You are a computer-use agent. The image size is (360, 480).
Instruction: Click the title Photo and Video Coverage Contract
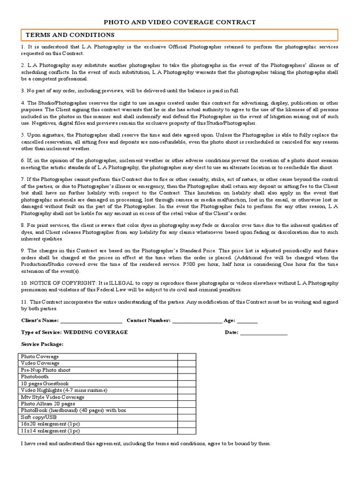click(x=180, y=22)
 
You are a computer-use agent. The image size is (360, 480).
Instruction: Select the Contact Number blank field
click(x=197, y=321)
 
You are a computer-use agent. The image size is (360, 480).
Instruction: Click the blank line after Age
click(x=247, y=321)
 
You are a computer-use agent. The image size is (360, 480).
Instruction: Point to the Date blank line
click(x=264, y=332)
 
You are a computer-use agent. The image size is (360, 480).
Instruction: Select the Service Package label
click(x=42, y=344)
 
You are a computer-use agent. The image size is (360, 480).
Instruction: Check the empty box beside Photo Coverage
click(x=187, y=357)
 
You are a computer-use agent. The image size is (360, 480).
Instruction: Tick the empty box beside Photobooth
click(x=187, y=376)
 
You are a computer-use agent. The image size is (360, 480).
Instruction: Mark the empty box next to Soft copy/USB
click(x=187, y=417)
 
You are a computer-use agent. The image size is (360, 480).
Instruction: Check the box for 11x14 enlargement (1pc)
click(x=187, y=430)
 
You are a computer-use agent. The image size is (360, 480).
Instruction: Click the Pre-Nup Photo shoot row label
click(x=45, y=370)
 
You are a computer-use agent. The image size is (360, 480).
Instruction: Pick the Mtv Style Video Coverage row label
click(x=52, y=397)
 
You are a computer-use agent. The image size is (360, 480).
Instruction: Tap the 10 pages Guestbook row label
click(x=45, y=383)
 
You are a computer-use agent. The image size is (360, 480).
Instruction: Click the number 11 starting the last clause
click(x=24, y=302)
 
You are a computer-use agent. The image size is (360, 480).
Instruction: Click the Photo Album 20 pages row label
click(x=48, y=404)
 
